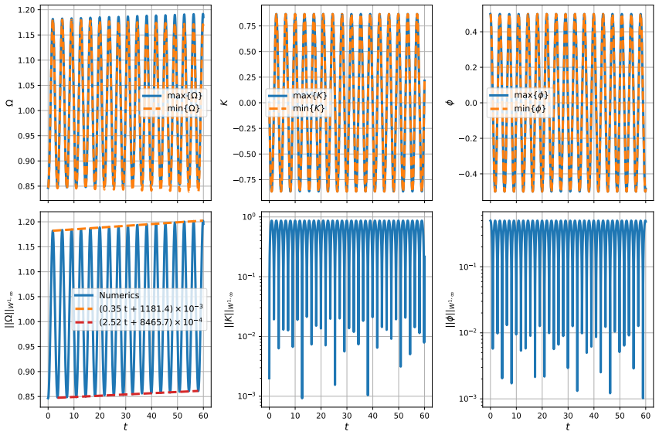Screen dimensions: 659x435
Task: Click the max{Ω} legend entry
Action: point(172,95)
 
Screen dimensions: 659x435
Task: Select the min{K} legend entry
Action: point(297,108)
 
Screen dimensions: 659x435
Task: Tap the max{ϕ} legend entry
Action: point(518,95)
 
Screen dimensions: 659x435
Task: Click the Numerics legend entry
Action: point(107,295)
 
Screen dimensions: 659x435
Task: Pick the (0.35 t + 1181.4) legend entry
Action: point(139,308)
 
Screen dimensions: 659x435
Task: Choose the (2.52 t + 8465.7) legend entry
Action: point(139,322)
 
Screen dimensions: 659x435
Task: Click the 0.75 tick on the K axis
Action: point(249,26)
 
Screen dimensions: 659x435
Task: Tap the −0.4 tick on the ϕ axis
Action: point(470,174)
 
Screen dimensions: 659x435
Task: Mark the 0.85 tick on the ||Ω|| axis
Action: point(28,396)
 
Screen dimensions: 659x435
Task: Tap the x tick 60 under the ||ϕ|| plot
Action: point(646,416)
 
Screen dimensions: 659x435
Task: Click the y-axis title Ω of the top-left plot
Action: point(9,102)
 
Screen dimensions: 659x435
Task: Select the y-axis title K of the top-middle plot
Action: point(225,102)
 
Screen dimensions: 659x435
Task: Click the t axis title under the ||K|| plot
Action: point(347,427)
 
